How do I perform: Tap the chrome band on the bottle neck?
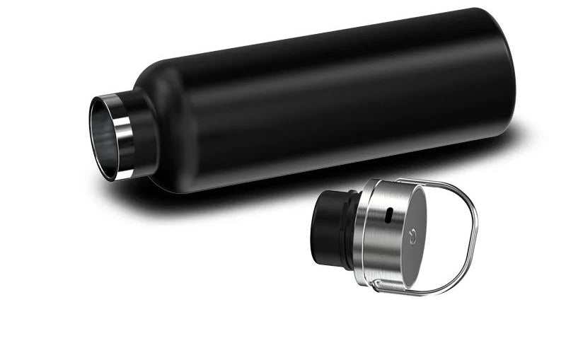(123, 134)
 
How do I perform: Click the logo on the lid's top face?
(415, 228)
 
